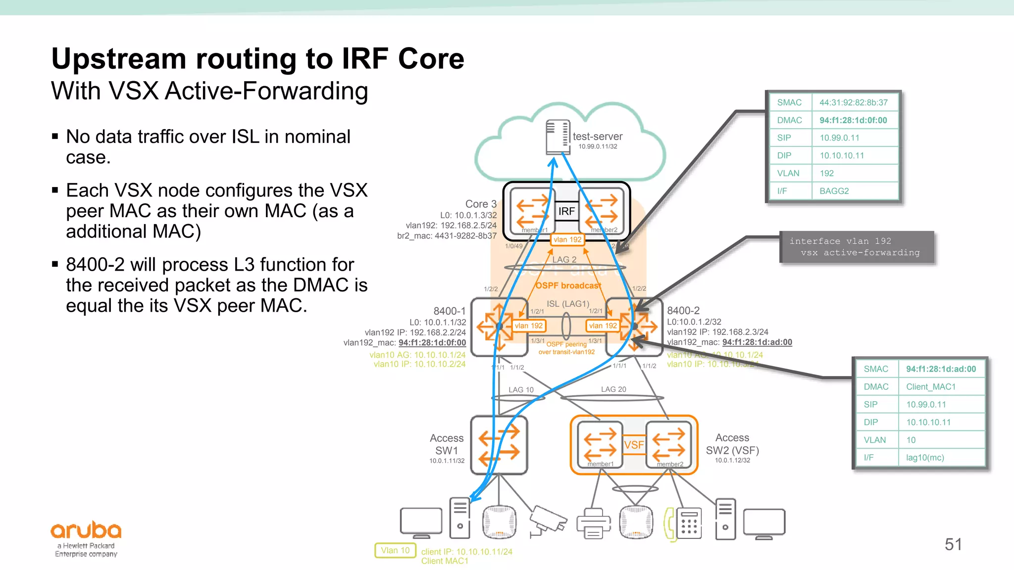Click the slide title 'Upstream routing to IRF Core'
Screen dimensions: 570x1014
(257, 59)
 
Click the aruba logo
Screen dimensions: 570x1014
(86, 531)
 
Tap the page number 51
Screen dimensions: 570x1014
(953, 544)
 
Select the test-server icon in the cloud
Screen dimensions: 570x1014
(557, 137)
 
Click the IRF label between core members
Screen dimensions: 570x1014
(566, 212)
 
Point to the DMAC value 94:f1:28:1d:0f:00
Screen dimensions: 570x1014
(853, 120)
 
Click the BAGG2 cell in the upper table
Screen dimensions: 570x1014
(834, 191)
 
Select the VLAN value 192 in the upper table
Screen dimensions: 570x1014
(826, 173)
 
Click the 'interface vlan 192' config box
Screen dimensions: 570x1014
(856, 247)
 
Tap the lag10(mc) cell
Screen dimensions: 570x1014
(924, 458)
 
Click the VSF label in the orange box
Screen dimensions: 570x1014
(634, 445)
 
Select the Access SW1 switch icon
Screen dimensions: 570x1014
(499, 445)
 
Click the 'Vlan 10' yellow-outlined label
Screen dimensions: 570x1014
(395, 550)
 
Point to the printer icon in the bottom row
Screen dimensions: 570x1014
(593, 523)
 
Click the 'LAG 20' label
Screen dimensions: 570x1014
(613, 389)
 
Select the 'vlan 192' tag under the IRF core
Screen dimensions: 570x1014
(567, 239)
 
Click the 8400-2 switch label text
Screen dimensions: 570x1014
(683, 311)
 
